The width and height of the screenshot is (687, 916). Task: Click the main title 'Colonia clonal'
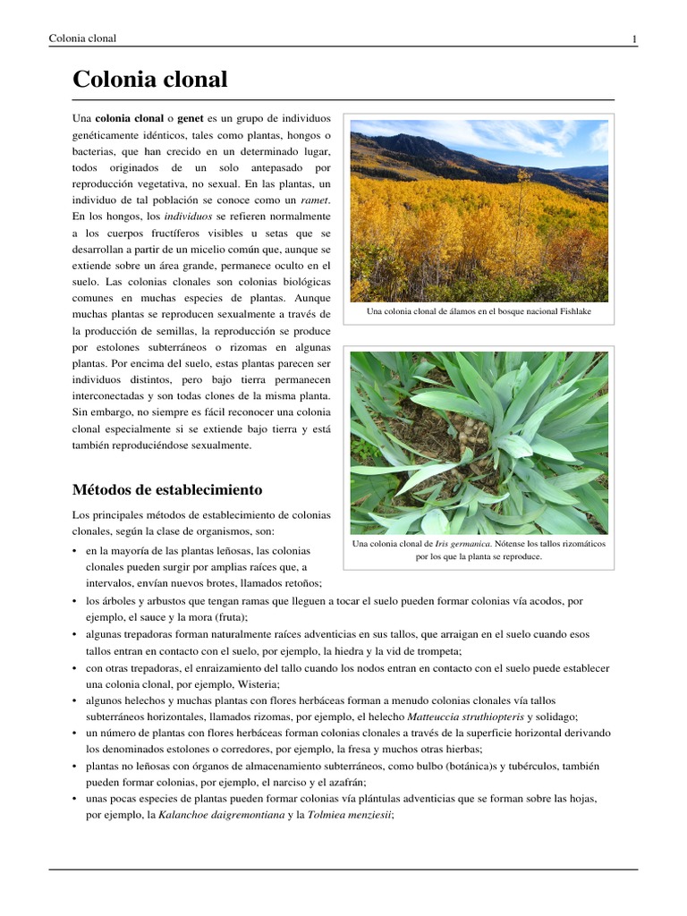tap(149, 80)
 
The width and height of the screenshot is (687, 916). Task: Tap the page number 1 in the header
tap(634, 38)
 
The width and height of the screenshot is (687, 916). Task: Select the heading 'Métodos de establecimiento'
tap(166, 489)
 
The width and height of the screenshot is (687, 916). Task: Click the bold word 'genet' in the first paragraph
tap(191, 118)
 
